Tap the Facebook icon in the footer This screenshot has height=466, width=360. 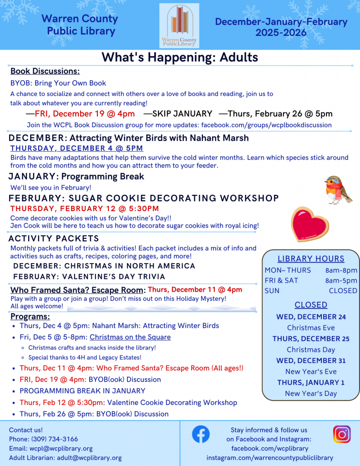pos(201,435)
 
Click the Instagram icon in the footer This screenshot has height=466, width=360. pos(342,434)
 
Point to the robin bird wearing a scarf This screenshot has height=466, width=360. pos(339,189)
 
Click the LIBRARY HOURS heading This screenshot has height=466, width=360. pos(311,258)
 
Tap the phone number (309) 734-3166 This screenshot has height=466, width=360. pos(54,439)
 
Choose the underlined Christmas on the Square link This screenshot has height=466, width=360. pos(130,337)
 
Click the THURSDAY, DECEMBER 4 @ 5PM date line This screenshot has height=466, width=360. pos(76,148)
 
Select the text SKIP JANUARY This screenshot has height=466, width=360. pos(178,114)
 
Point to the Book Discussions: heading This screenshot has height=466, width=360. pos(45,71)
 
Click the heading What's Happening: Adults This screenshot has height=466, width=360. pos(180,57)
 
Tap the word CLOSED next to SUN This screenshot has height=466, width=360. pos(343,290)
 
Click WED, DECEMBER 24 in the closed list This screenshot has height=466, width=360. pos(311,317)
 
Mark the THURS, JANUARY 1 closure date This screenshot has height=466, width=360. pos(311,382)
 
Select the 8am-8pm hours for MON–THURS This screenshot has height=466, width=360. pos(341,270)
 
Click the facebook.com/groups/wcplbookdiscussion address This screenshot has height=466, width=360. pos(266,125)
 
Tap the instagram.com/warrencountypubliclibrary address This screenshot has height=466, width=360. pos(269,458)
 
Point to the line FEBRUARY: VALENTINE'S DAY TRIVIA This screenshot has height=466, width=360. pos(89,277)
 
